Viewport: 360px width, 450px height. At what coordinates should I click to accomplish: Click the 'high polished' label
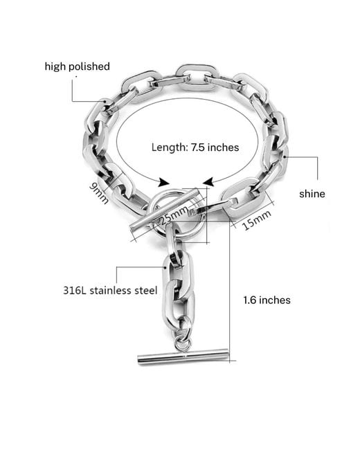78,66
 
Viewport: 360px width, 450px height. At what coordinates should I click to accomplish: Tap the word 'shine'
312,194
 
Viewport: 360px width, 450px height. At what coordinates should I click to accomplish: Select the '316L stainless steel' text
110,290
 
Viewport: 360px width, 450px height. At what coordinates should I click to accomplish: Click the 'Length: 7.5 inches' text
195,147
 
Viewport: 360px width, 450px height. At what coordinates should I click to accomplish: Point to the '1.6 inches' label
267,300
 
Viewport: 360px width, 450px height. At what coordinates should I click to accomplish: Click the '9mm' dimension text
99,193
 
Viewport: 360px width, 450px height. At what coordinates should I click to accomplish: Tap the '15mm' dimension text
256,220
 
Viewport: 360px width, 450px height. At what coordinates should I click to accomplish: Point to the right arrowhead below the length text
208,182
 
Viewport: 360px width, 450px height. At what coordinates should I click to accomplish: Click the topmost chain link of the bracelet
197,68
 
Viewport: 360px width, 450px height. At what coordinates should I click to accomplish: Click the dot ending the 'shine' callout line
285,156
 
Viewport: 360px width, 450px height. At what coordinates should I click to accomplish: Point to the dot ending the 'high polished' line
106,101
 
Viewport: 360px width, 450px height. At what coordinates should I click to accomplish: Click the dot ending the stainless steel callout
165,267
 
